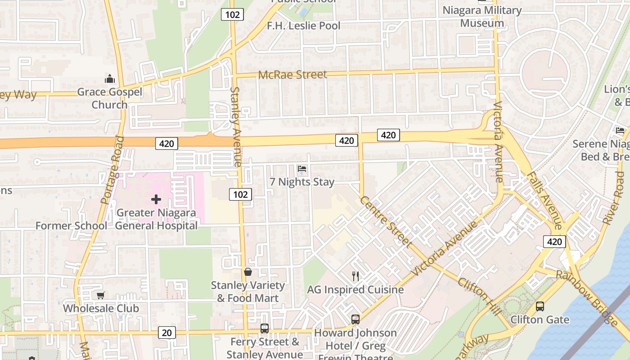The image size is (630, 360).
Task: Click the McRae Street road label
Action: tap(292, 75)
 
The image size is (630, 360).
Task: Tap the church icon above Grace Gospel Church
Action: tap(110, 79)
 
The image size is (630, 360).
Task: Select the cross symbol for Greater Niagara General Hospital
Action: tap(156, 199)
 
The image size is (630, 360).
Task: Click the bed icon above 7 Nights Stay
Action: tap(302, 169)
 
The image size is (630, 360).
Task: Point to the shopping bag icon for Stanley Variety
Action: tap(247, 272)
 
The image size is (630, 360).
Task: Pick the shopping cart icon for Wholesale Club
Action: tap(101, 296)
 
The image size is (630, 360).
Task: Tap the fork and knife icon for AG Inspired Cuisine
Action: tap(355, 276)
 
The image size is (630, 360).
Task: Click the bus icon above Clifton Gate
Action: tap(540, 306)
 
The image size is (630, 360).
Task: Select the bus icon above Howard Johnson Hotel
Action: tap(355, 319)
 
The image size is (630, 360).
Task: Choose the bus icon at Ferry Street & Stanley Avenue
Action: tap(264, 328)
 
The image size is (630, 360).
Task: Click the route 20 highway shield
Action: tap(166, 333)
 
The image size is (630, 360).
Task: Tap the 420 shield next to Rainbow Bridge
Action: tap(554, 242)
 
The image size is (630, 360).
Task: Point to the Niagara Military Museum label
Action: tap(482, 17)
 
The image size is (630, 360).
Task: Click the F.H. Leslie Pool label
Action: tap(304, 26)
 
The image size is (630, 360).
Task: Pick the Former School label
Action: tap(71, 225)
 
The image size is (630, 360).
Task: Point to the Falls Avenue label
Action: tap(544, 200)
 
